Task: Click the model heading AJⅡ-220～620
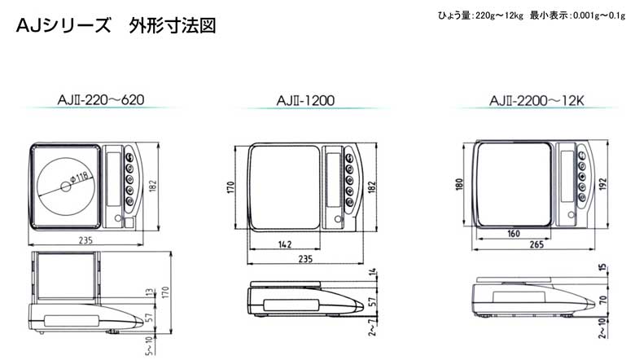pyautogui.click(x=101, y=99)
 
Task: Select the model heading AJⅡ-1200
pyautogui.click(x=305, y=100)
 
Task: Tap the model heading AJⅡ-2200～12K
pyautogui.click(x=536, y=100)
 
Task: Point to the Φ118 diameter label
pyautogui.click(x=79, y=178)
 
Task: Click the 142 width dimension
pyautogui.click(x=285, y=244)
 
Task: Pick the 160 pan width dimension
pyautogui.click(x=514, y=234)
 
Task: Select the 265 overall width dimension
pyautogui.click(x=536, y=244)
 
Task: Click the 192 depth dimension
pyautogui.click(x=603, y=184)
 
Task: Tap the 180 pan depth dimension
pyautogui.click(x=459, y=184)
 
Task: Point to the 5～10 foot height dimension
pyautogui.click(x=150, y=345)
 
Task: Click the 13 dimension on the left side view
pyautogui.click(x=150, y=292)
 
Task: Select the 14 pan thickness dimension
pyautogui.click(x=373, y=272)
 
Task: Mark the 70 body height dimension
pyautogui.click(x=603, y=300)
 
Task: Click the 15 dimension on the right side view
pyautogui.click(x=603, y=268)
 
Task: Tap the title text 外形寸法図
pyautogui.click(x=173, y=25)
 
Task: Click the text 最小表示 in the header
pyautogui.click(x=549, y=15)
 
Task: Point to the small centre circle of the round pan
pyautogui.click(x=65, y=187)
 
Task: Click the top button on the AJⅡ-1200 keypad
pyautogui.click(x=348, y=158)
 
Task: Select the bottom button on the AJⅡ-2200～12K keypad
pyautogui.click(x=582, y=197)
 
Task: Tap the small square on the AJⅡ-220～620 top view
pyautogui.click(x=129, y=222)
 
